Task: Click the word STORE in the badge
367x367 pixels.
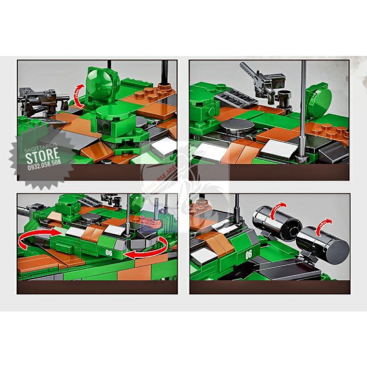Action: [42, 154]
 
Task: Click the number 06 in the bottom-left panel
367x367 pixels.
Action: [109, 253]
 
